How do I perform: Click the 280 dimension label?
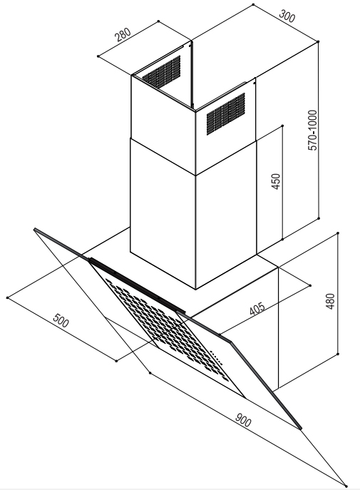(123, 35)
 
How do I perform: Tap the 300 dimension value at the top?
(287, 16)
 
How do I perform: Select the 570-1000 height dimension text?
(312, 130)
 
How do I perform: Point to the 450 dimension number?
(277, 182)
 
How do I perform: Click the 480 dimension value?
(330, 301)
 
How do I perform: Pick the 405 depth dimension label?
(257, 308)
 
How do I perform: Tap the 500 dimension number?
(61, 320)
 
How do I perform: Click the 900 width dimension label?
(243, 419)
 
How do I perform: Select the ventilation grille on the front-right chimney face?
(226, 113)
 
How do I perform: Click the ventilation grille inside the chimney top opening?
(162, 71)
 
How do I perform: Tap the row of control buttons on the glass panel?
(216, 357)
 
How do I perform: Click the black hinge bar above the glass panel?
(137, 285)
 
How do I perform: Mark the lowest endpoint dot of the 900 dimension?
(346, 486)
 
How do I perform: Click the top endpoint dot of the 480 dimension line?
(338, 233)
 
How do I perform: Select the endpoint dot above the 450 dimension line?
(282, 126)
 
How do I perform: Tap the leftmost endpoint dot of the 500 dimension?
(8, 297)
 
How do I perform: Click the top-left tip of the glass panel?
(35, 230)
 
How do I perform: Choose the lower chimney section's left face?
(163, 213)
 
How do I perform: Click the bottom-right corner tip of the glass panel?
(301, 429)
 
